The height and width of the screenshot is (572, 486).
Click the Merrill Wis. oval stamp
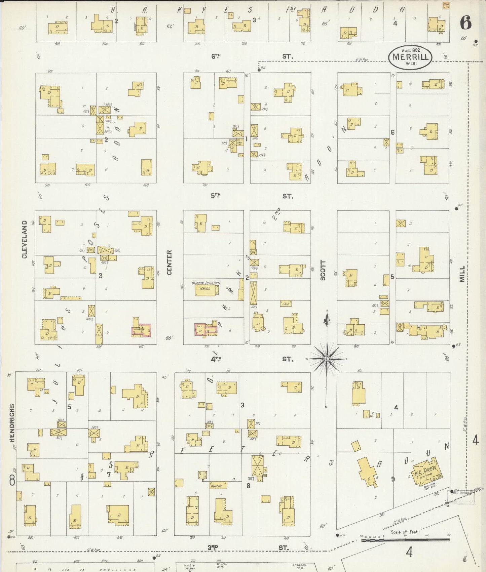coord(410,58)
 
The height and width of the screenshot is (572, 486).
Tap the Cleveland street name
coord(25,239)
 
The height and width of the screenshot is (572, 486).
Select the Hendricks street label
coord(12,423)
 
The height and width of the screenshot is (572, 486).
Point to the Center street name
coord(169,262)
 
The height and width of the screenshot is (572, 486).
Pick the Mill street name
coord(462,274)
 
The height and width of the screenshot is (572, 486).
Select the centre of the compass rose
coord(326,359)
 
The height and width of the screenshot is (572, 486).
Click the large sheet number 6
coord(466,23)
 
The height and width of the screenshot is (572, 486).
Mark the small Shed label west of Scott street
coord(286,303)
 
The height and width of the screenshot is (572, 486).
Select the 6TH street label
coord(217,57)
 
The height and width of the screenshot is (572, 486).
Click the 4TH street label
coord(217,359)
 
